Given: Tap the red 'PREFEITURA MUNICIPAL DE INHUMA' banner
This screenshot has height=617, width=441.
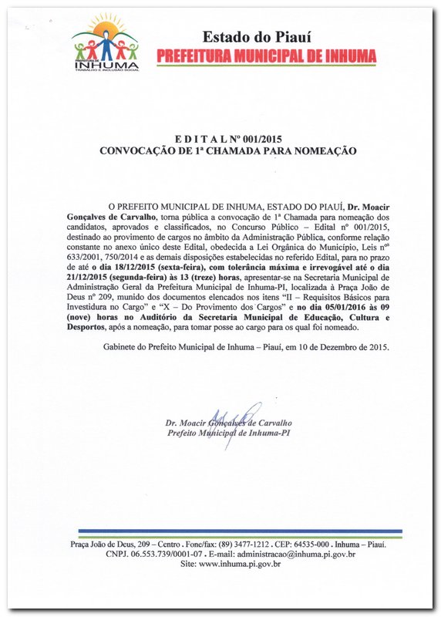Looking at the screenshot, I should coord(266,56).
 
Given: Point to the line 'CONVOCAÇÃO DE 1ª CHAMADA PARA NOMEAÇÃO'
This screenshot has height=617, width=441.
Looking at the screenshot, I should coord(228,150).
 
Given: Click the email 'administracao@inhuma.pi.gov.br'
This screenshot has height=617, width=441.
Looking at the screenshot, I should coord(295,554).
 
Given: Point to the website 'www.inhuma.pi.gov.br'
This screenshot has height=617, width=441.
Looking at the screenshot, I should coord(240,564).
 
